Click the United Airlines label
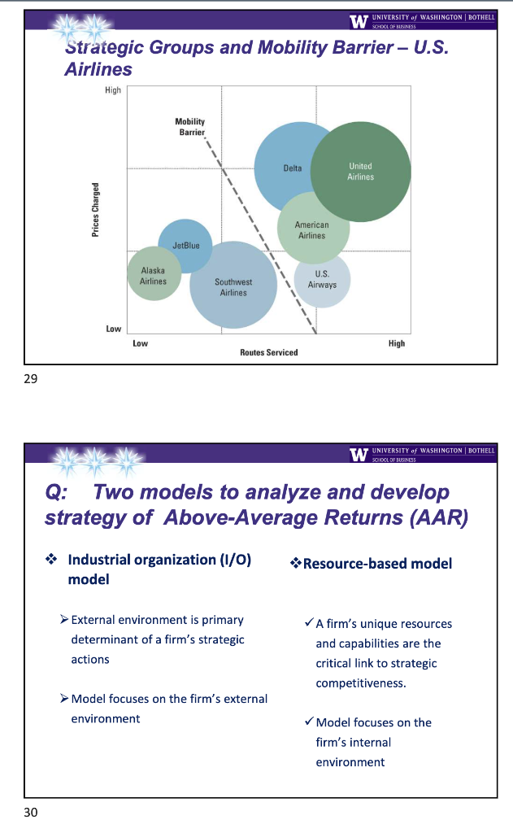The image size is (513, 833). (x=360, y=171)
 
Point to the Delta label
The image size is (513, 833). (x=292, y=168)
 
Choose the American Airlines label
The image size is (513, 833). (x=311, y=230)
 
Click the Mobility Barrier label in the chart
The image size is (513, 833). (x=190, y=127)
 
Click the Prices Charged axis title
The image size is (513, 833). (x=95, y=209)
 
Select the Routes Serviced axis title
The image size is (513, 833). (x=268, y=352)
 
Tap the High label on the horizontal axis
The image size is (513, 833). (x=396, y=343)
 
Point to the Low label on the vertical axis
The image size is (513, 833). (x=113, y=329)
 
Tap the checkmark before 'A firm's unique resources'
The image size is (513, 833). (x=307, y=623)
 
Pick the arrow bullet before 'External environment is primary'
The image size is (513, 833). (x=64, y=620)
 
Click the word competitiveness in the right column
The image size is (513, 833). (x=360, y=683)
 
